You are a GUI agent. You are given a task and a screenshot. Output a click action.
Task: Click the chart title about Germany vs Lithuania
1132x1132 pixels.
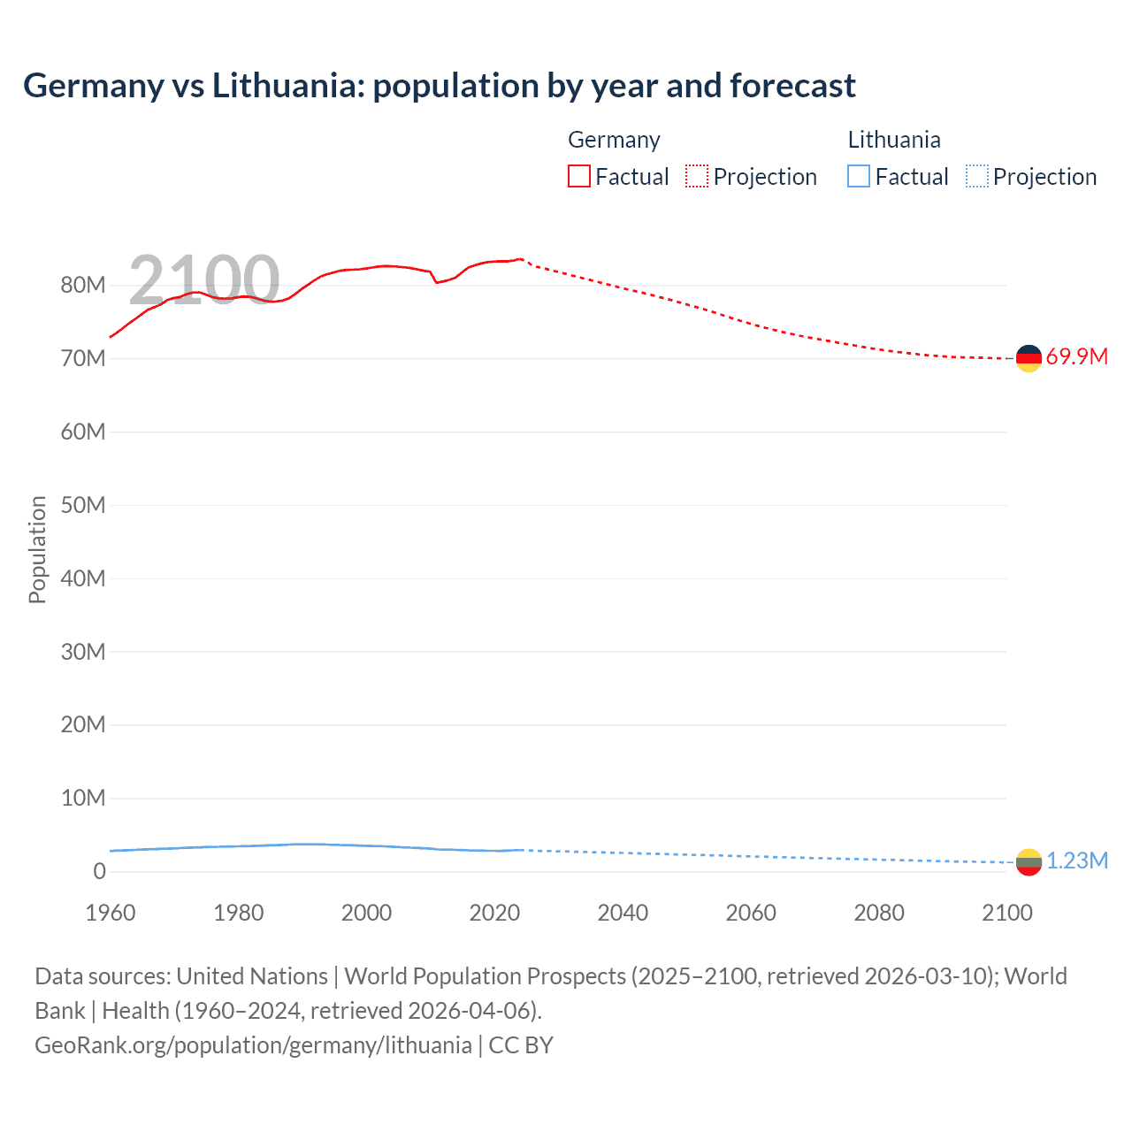point(439,86)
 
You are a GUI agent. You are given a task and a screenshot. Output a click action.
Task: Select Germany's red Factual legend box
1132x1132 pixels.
point(578,176)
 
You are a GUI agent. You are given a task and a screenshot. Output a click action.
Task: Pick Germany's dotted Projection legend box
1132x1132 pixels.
point(697,176)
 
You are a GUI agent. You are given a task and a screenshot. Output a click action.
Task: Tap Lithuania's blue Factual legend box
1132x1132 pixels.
point(859,176)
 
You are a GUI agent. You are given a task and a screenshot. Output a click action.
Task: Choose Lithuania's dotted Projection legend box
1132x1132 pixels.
point(977,176)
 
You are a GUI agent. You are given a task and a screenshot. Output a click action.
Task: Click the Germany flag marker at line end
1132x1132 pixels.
point(1029,358)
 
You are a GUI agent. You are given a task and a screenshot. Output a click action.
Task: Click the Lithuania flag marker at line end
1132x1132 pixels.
point(1029,861)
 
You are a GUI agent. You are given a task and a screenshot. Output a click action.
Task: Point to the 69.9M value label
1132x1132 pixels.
point(1076,357)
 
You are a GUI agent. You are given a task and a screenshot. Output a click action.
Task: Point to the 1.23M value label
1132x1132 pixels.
point(1077,861)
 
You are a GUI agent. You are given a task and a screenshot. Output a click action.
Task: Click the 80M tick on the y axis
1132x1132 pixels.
point(83,285)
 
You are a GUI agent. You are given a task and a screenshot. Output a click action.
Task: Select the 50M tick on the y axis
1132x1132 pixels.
point(83,505)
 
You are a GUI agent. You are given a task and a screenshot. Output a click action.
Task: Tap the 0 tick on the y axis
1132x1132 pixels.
point(99,871)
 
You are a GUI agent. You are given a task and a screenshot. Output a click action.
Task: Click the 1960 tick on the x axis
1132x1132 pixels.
point(111,913)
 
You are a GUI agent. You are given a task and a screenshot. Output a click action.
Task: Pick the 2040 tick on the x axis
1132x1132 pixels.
point(623,913)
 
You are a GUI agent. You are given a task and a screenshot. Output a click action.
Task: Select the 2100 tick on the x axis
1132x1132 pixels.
point(1006,913)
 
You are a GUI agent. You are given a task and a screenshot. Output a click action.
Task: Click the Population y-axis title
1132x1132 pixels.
point(37,549)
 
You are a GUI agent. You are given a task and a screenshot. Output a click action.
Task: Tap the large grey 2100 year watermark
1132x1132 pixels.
point(204,279)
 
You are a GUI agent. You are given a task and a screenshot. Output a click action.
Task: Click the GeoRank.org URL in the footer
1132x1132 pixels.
point(253,1044)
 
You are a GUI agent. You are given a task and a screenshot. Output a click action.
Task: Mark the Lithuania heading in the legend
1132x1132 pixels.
point(893,140)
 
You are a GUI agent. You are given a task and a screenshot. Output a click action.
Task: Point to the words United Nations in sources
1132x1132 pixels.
point(252,976)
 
